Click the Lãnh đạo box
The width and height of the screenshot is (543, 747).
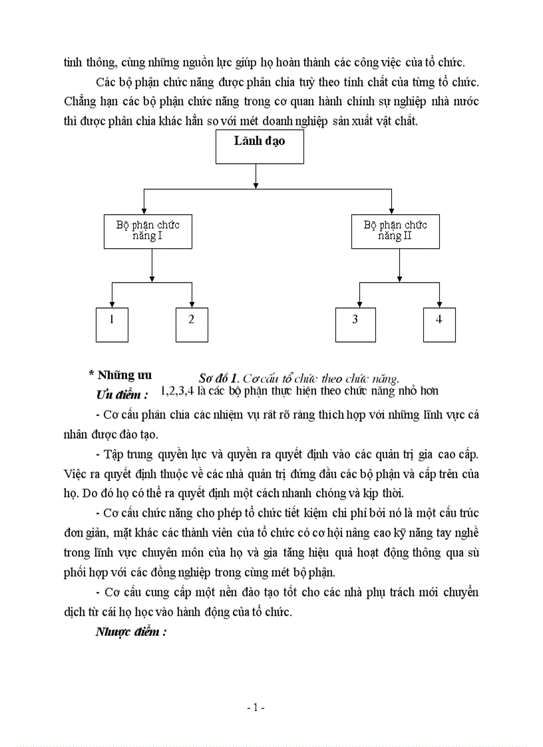260,146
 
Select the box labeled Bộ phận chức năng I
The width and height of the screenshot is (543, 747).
148,231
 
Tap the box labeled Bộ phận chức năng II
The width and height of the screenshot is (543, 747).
395,231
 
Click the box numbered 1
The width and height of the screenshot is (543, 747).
112,325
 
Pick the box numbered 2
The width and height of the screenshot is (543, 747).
192,325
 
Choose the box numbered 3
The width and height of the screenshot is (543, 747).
355,325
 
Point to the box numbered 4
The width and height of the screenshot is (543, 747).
439,325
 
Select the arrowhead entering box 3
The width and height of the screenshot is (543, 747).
359,304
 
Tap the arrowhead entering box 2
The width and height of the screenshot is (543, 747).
192,304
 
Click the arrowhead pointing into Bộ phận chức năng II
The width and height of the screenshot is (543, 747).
391,210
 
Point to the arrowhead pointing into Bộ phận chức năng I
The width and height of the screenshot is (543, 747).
144,210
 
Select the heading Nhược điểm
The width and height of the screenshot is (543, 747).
130,632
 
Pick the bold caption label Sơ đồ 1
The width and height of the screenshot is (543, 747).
220,379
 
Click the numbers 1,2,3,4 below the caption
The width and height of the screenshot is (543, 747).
177,391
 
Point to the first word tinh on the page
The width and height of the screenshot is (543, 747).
72,63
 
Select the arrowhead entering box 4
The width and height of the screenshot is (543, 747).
439,304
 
